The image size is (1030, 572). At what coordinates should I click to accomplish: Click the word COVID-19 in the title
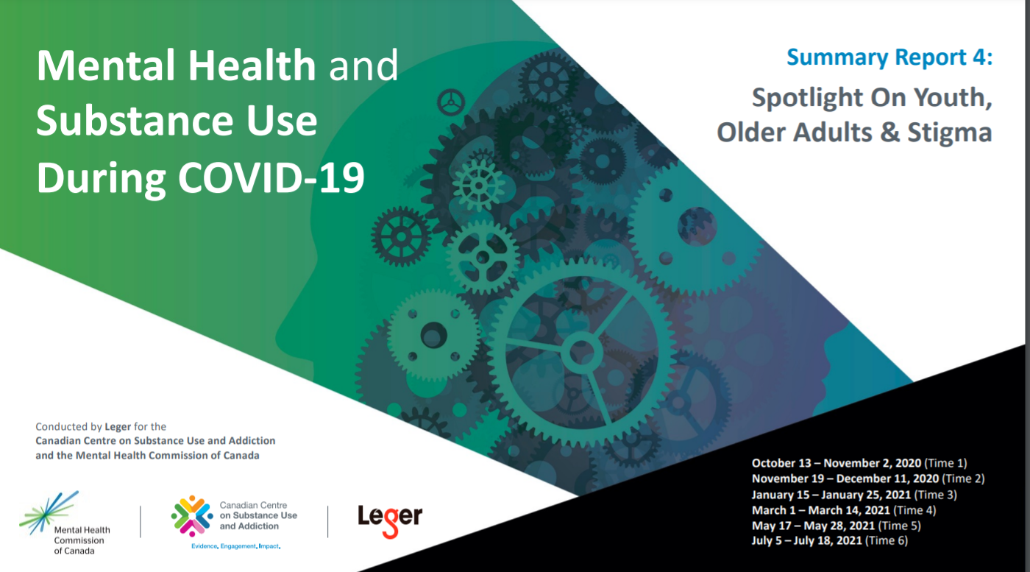tap(271, 177)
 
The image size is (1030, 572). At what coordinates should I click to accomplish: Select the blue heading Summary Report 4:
tap(889, 57)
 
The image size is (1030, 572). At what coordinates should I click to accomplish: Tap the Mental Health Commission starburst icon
tap(49, 512)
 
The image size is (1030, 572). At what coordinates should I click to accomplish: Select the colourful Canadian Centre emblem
tap(192, 516)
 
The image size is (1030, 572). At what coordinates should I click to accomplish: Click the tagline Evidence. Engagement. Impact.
tap(236, 546)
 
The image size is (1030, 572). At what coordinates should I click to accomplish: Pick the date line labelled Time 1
tap(859, 463)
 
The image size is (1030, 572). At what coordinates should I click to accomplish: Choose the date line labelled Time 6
tap(830, 540)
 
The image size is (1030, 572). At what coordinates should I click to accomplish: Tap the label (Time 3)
tap(935, 495)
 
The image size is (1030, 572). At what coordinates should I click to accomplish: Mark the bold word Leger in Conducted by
tap(118, 427)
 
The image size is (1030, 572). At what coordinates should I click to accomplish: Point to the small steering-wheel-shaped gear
tap(450, 102)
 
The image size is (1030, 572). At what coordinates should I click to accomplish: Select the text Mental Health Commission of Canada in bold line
tap(168, 456)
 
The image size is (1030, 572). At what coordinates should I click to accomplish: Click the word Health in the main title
tap(252, 66)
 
